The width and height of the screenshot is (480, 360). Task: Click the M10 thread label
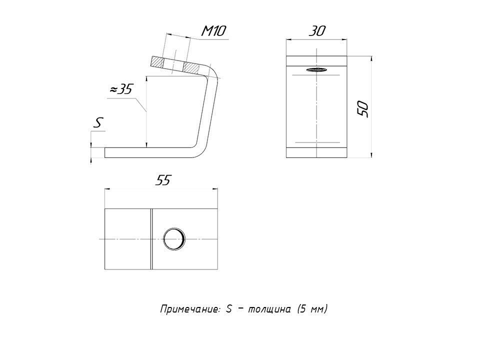point(213,31)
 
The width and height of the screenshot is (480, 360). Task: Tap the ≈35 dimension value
point(121,89)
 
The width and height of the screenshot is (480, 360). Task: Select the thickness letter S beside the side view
point(98,123)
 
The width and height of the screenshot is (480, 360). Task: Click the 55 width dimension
point(162,180)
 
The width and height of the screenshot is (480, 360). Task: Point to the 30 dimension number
point(317,31)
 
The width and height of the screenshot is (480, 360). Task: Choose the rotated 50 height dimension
point(363,108)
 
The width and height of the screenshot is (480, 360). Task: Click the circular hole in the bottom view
point(174,239)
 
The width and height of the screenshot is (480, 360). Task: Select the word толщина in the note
point(269,309)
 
